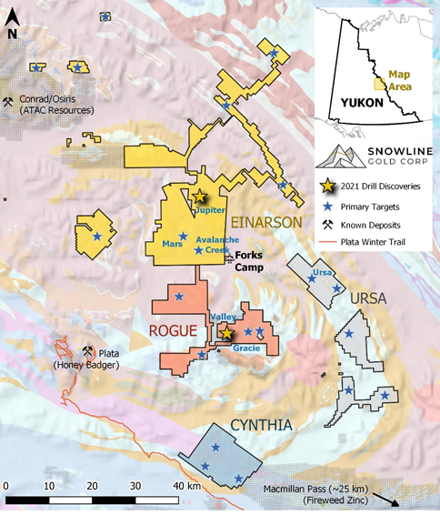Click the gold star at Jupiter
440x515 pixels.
point(200,197)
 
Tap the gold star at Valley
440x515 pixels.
point(226,333)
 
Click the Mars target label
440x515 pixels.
point(172,245)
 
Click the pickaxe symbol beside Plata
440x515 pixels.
point(88,351)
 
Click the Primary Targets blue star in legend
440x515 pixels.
point(325,207)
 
